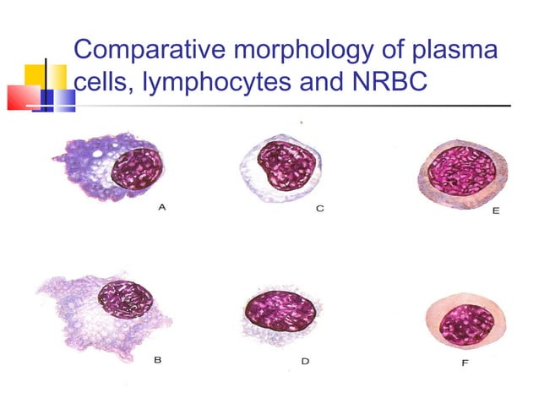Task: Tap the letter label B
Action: [158, 359]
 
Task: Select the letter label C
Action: [320, 207]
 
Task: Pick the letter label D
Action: [305, 361]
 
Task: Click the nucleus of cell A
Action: [136, 167]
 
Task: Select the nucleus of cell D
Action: [280, 310]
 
